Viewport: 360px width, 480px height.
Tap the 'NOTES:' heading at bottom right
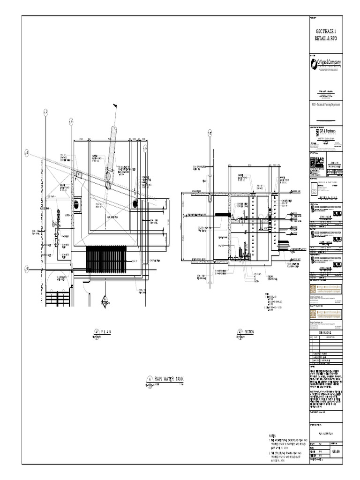[274, 436]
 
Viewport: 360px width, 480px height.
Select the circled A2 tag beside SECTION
[239, 332]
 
